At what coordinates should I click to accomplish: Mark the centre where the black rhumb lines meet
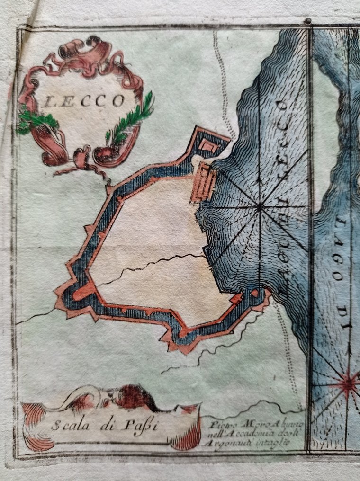pos(259,207)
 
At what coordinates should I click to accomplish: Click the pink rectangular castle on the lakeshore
pos(204,182)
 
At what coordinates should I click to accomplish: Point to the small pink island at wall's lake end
pos(255,293)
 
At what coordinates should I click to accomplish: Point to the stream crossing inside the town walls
pos(152,266)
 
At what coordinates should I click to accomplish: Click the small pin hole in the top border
pos(308,21)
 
